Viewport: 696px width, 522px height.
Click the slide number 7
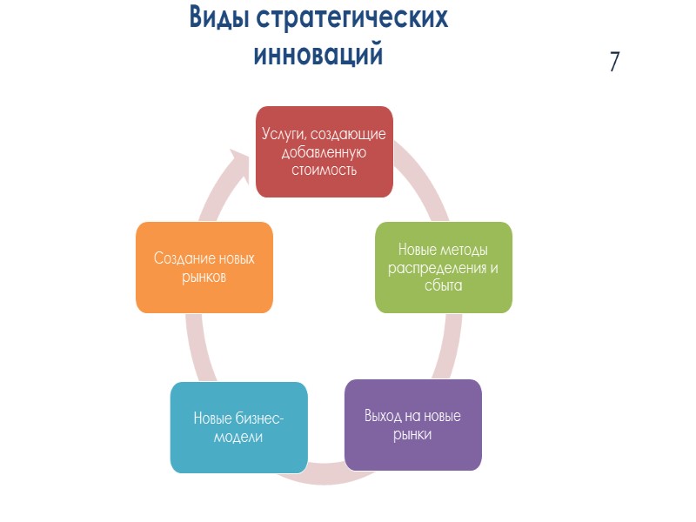[x=614, y=62]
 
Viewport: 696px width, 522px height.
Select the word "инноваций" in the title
[x=318, y=54]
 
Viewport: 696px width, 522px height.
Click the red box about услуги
[x=323, y=151]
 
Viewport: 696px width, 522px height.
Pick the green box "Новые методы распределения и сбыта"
[x=444, y=267]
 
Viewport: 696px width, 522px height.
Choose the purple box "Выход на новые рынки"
[x=413, y=425]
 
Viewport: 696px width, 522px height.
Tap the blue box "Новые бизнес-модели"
[x=238, y=427]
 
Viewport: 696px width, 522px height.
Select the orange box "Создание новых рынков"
[x=204, y=267]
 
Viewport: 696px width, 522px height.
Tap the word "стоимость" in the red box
[x=323, y=169]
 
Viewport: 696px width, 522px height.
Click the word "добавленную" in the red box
[x=323, y=152]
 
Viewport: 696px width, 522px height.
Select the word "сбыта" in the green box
[x=444, y=284]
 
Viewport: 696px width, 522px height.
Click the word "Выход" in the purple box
[x=384, y=415]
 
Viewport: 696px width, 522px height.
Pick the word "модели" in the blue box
[x=238, y=437]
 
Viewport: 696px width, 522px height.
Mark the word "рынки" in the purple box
[x=413, y=433]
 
